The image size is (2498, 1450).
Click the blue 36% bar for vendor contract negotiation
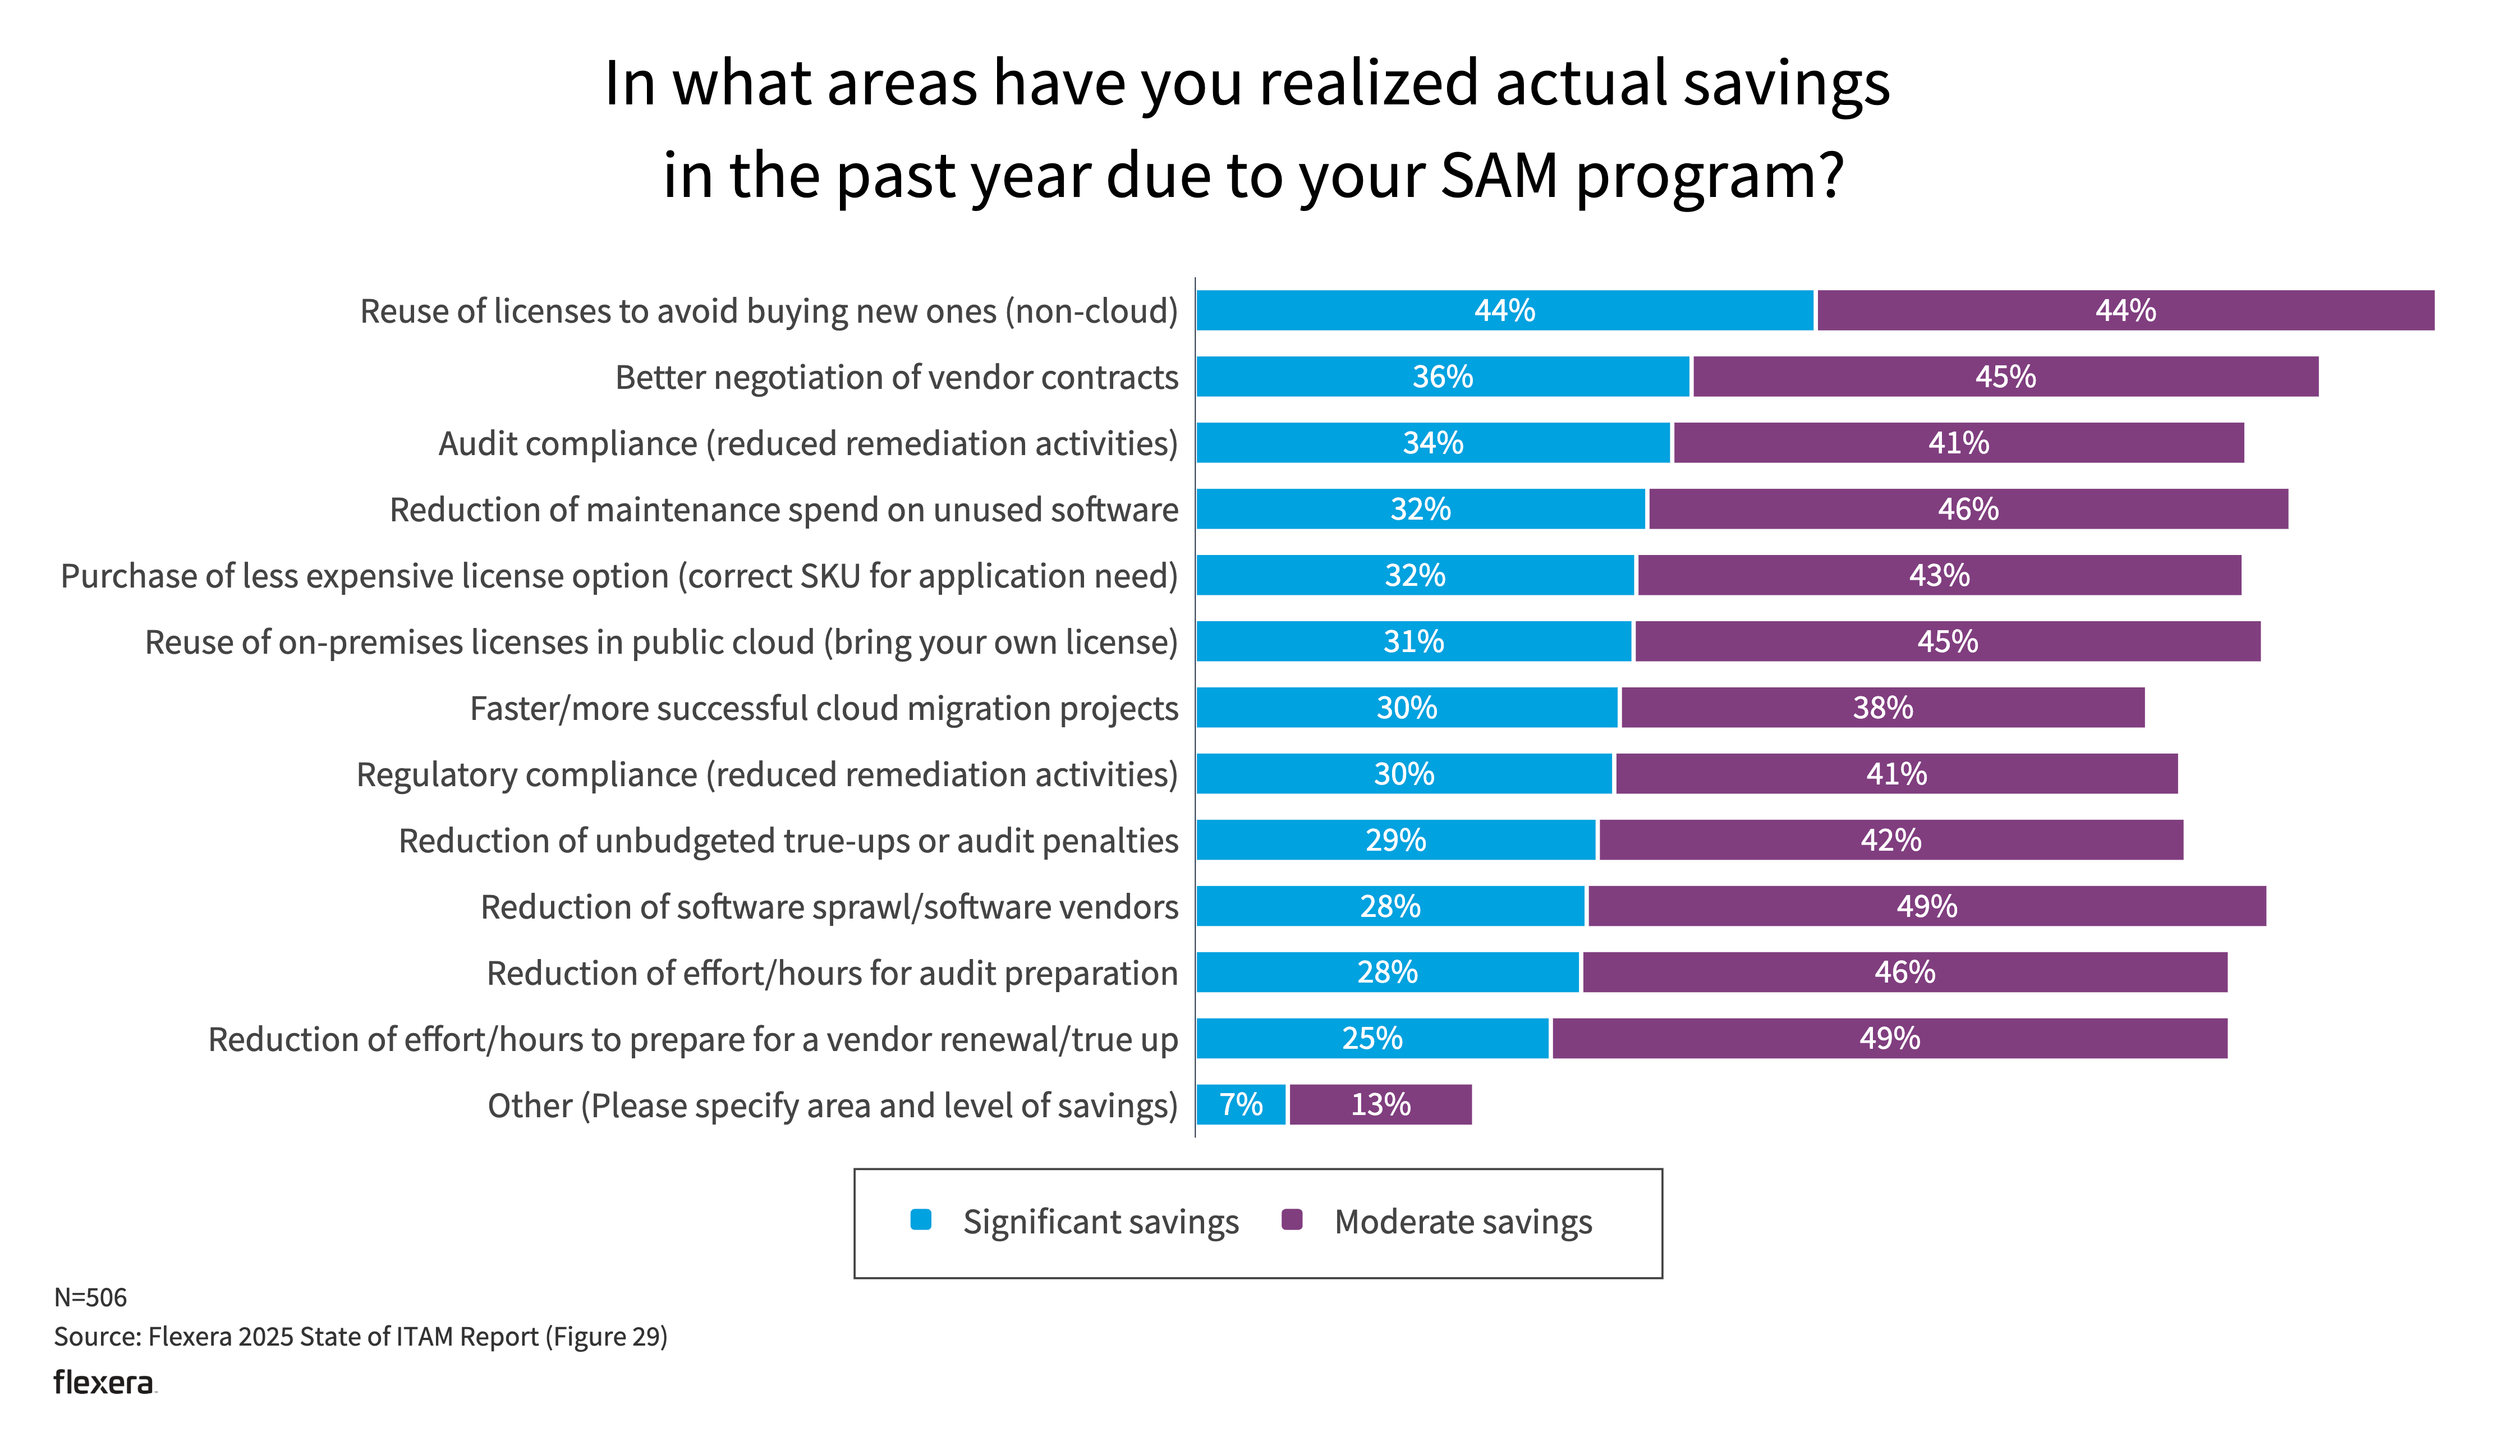pos(1442,377)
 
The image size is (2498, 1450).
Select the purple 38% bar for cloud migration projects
pos(1882,708)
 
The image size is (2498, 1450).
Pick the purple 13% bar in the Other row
pos(1380,1104)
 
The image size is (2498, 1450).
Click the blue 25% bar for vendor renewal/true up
pos(1372,1038)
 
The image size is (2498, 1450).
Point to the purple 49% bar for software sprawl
pos(1926,906)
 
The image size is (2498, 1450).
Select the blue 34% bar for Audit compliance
pos(1432,443)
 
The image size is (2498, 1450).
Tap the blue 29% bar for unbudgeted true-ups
pos(1395,839)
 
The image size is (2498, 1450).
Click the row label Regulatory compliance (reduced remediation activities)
pos(767,774)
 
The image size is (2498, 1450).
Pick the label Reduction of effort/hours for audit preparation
pos(832,973)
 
